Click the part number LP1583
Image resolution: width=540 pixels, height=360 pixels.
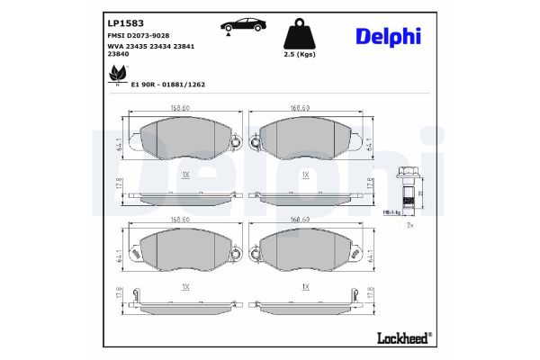[124, 23]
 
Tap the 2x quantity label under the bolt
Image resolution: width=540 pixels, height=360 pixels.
[409, 226]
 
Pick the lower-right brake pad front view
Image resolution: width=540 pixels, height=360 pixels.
[307, 254]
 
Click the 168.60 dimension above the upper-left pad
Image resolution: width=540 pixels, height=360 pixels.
[179, 108]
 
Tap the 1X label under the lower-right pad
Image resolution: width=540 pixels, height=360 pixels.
[306, 287]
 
